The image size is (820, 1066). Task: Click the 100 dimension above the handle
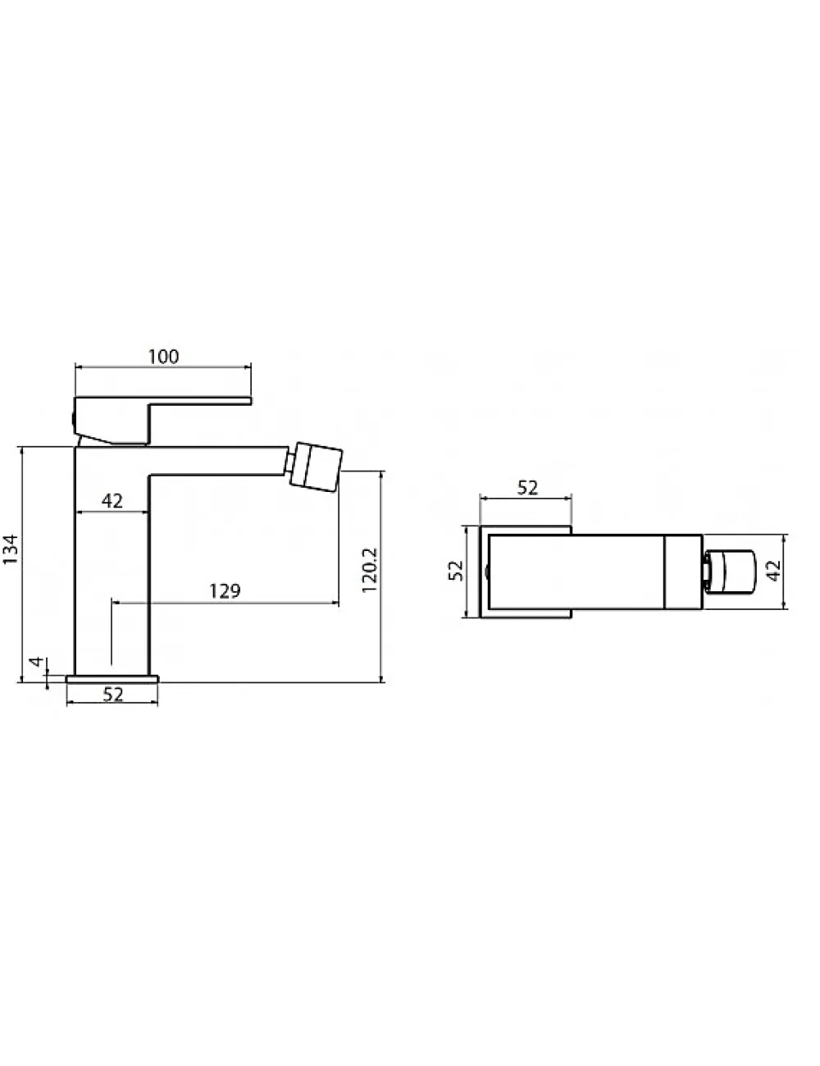163,357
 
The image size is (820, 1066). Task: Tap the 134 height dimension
11,549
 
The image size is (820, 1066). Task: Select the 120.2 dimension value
369,570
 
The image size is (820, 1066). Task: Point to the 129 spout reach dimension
225,591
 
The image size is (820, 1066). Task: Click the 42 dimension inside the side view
112,501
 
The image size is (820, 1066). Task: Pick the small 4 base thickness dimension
36,661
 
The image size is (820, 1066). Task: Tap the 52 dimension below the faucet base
113,695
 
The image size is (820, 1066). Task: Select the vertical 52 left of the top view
456,571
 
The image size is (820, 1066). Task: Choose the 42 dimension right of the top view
773,571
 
